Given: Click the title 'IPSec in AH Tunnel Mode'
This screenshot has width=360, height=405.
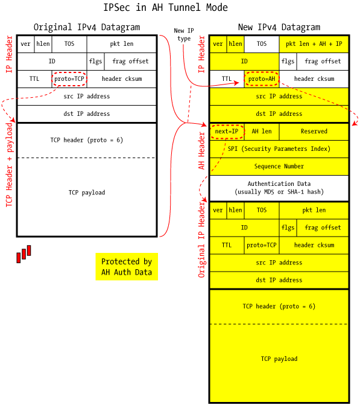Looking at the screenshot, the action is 165,7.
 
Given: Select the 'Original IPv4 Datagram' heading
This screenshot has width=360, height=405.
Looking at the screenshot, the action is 87,27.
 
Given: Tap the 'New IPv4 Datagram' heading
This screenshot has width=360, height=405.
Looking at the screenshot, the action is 279,27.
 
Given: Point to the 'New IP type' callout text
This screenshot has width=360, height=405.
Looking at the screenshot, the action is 184,34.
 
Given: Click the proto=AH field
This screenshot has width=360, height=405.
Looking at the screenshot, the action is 262,79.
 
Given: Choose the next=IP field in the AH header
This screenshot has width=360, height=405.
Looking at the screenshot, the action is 227,132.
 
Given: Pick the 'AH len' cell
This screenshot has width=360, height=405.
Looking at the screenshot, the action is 262,132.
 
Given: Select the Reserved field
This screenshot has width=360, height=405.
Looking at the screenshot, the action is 314,132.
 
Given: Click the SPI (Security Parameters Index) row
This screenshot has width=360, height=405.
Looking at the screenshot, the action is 279,149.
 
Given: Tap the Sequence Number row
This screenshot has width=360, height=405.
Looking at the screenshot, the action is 279,167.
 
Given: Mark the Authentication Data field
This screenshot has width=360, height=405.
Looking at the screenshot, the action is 279,188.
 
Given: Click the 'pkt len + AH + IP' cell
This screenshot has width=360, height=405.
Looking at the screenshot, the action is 314,44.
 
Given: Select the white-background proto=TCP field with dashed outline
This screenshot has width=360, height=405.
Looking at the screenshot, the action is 69,79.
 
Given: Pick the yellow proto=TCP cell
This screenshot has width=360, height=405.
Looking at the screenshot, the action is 262,245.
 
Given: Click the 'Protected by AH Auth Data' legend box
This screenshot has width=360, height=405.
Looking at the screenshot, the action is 127,267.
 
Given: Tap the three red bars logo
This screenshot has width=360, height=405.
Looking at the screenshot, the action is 24,254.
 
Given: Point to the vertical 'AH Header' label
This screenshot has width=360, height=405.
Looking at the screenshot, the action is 201,150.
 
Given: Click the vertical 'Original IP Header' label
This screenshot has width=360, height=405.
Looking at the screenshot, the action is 201,240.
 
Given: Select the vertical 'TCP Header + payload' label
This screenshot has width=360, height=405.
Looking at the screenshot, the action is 9,165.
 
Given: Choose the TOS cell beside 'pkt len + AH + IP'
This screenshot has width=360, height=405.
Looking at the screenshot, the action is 262,44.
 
